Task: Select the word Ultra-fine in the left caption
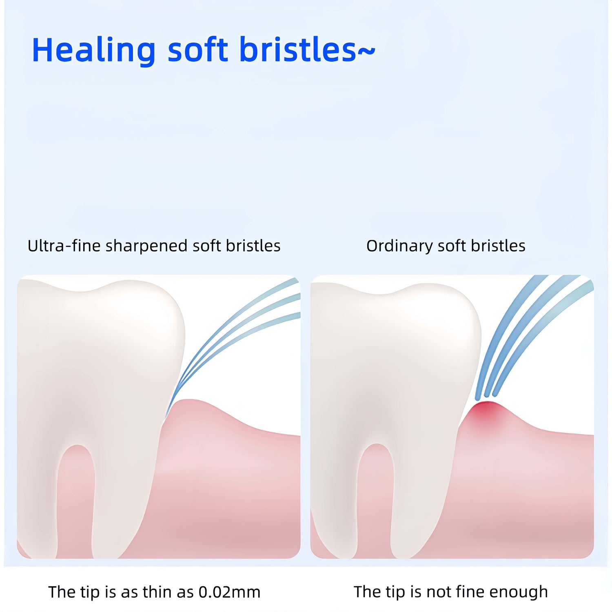click(x=64, y=246)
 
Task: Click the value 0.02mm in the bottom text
click(x=229, y=592)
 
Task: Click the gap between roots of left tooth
click(x=76, y=502)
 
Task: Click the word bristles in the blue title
click(x=298, y=50)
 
